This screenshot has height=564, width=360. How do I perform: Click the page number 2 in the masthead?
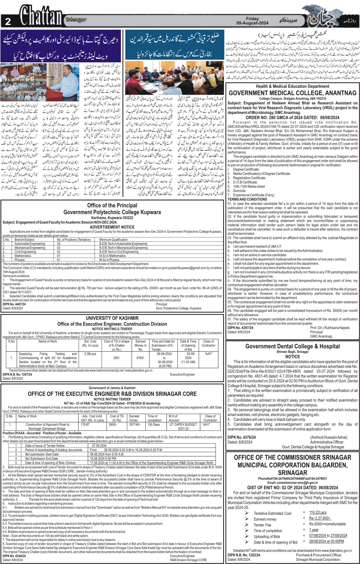point(8,22)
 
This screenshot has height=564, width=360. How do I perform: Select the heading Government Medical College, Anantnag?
point(292,93)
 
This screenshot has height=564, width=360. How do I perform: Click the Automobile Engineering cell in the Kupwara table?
point(30,244)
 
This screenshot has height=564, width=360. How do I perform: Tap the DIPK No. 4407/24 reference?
point(14,304)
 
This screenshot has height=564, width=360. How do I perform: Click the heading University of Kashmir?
point(112,318)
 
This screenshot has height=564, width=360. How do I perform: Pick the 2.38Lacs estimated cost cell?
point(90,354)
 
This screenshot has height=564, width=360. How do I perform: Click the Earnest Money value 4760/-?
point(141,358)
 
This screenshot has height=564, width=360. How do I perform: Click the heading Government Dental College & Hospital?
point(292,346)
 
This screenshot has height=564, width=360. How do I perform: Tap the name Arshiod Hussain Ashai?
point(328,437)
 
